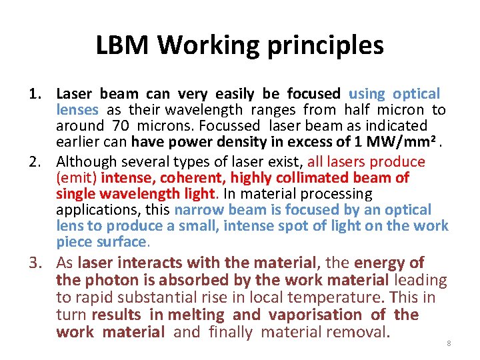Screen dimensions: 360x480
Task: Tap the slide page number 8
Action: pyautogui.click(x=449, y=343)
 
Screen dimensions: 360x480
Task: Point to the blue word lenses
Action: pyautogui.click(x=77, y=110)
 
